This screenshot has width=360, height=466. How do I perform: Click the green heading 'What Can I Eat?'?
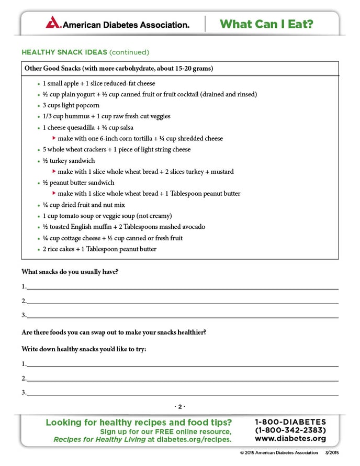tap(266, 24)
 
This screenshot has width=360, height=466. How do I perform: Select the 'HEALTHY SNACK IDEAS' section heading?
tap(64, 52)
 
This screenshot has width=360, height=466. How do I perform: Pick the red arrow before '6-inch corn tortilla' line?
tap(54, 138)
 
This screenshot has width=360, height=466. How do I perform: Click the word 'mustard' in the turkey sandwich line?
tap(222, 171)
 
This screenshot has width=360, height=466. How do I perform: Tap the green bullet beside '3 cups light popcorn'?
tap(38, 106)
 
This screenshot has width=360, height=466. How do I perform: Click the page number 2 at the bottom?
tap(179, 406)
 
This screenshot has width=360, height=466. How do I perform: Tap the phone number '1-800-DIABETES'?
tap(290, 422)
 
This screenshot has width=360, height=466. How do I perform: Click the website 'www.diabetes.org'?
tap(290, 439)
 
